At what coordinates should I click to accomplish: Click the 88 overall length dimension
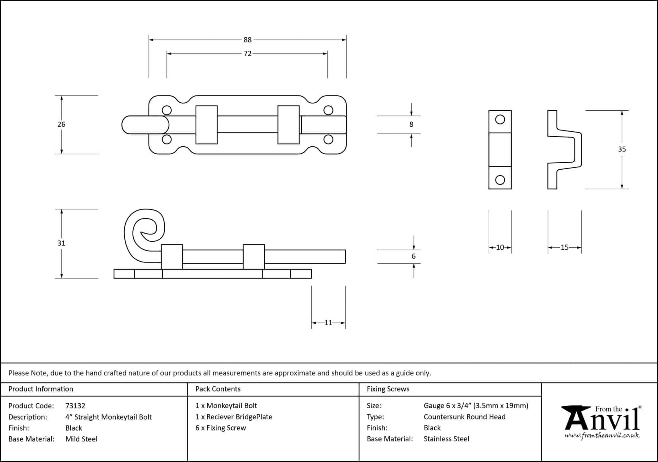pos(247,40)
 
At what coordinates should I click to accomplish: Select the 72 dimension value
pos(247,54)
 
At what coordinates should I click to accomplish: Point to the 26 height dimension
pos(61,124)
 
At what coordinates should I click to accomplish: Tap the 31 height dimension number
pos(61,243)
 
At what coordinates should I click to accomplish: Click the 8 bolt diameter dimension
pos(411,124)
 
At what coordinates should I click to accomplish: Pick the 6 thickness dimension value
pos(413,256)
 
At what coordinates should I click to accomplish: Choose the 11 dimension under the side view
pos(328,323)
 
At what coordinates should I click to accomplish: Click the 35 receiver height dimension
pos(622,149)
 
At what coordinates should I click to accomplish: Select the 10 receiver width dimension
pos(500,247)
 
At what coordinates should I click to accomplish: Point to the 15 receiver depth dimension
pos(565,247)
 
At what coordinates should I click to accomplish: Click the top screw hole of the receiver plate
pos(500,120)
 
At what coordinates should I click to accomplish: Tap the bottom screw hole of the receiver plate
pos(500,180)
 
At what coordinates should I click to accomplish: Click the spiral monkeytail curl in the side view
pos(144,232)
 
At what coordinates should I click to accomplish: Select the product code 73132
pos(75,406)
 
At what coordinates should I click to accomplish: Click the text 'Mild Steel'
pos(81,439)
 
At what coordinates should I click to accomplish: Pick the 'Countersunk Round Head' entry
pos(464,417)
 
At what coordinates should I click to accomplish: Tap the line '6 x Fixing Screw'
pos(221,428)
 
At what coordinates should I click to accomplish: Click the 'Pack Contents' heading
pos(218,389)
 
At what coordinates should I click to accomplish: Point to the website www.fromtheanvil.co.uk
pos(602,436)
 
